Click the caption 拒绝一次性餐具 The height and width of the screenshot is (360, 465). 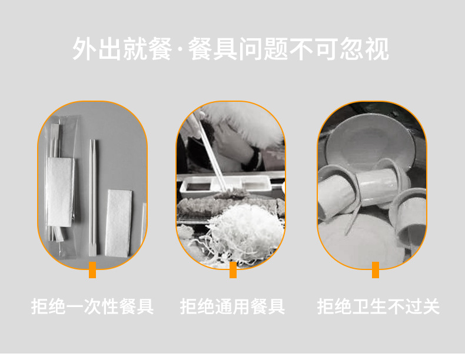click(x=92, y=306)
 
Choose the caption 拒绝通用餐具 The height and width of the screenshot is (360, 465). click(x=232, y=306)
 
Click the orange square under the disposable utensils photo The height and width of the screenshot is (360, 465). click(x=92, y=271)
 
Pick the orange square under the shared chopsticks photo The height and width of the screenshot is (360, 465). click(x=232, y=271)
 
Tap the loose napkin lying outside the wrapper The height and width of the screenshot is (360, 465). click(x=118, y=222)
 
